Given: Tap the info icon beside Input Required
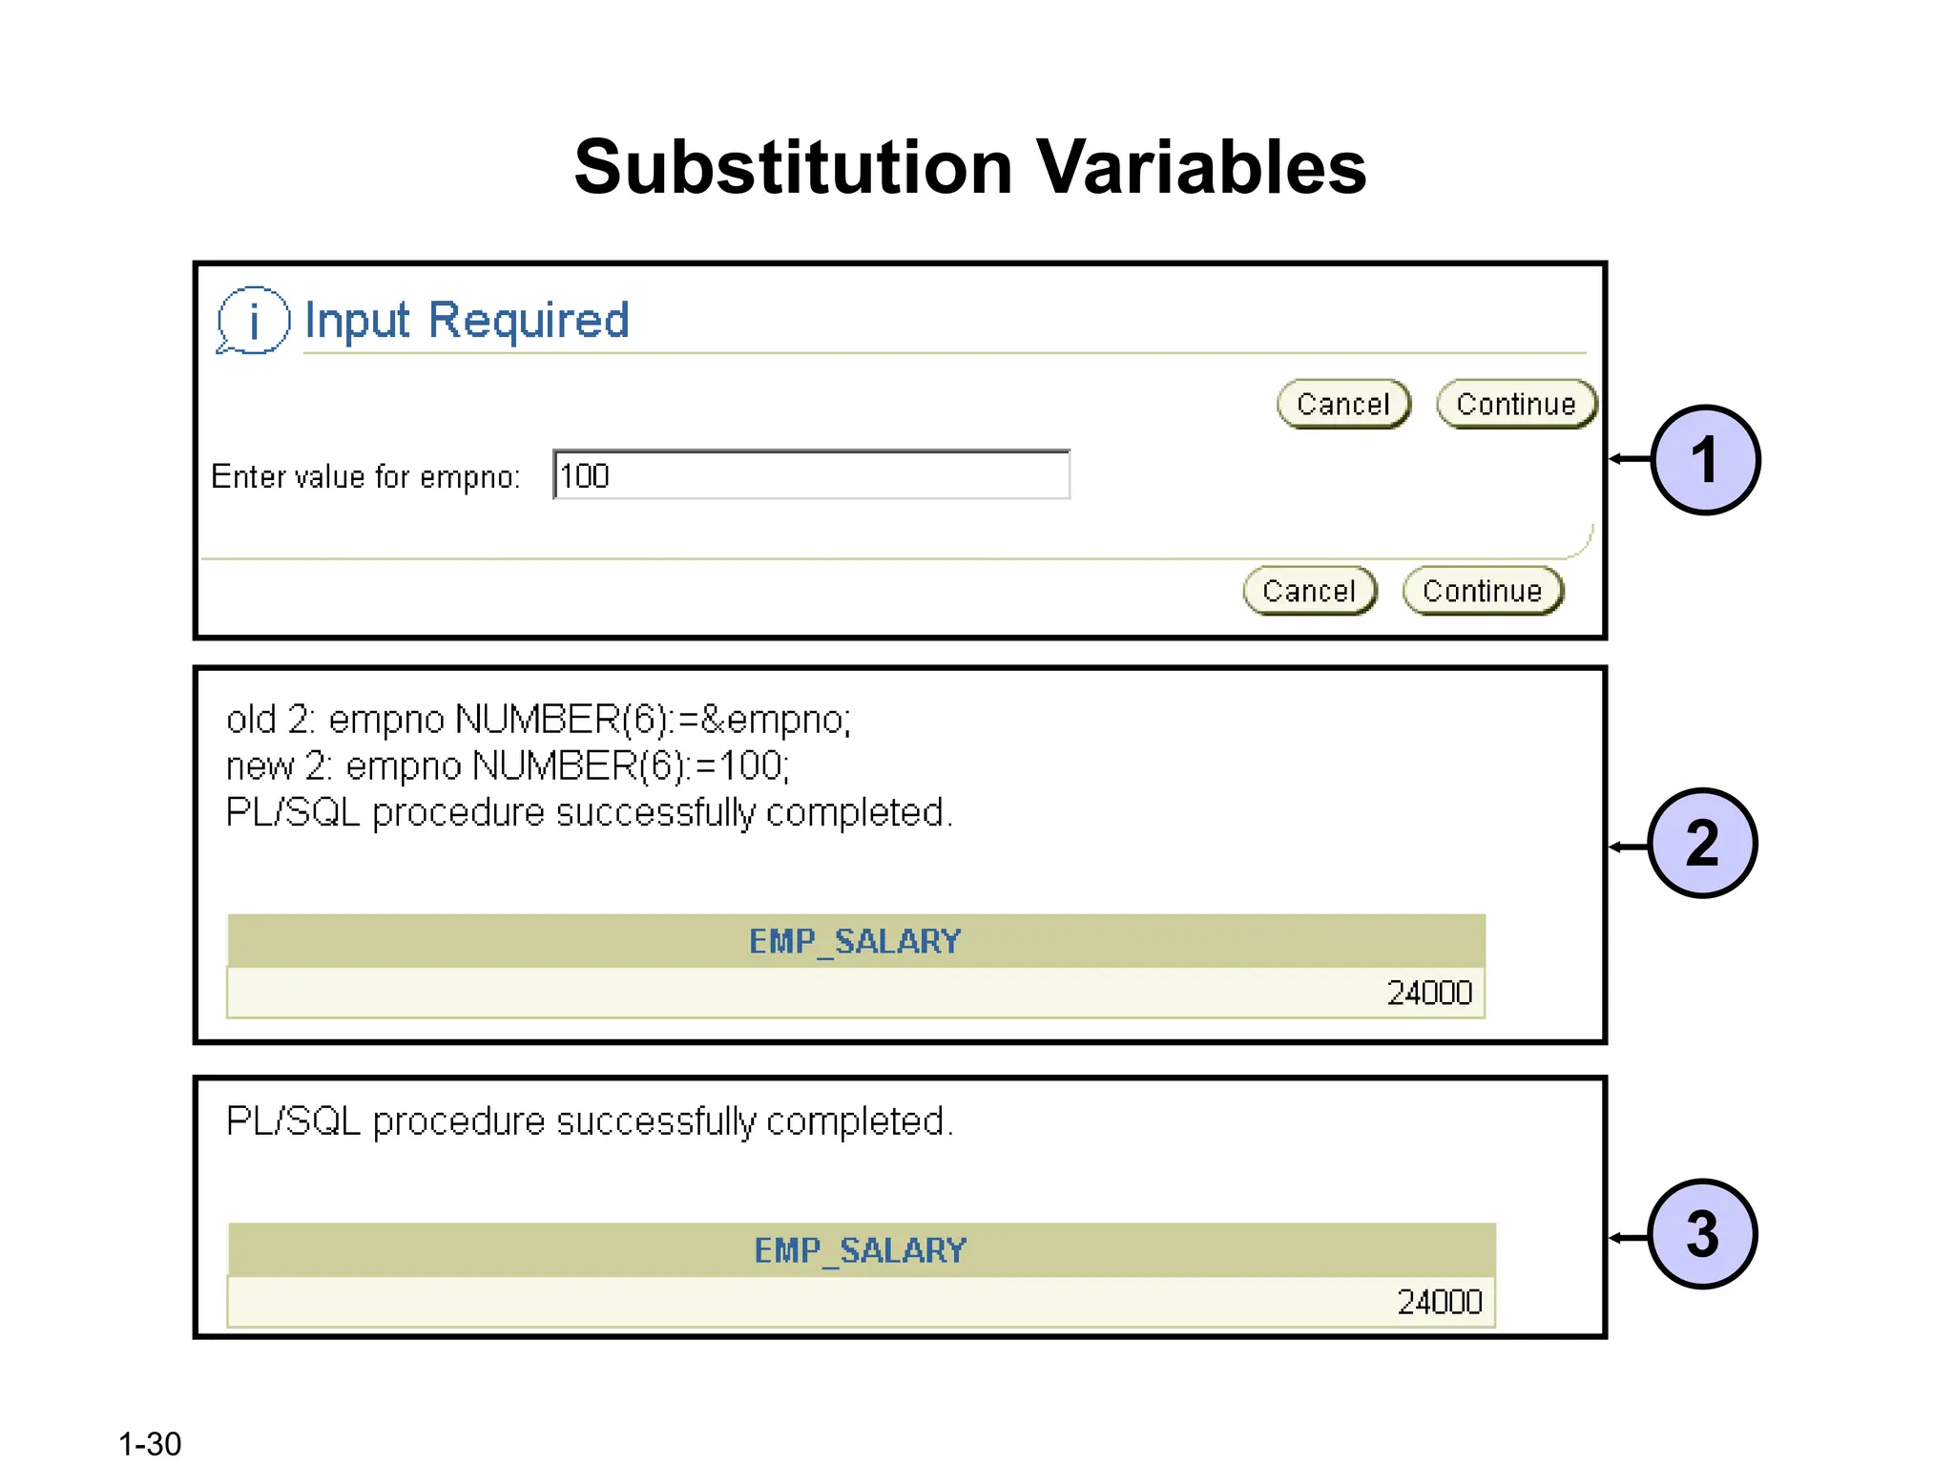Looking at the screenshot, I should [253, 321].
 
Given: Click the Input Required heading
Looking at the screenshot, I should [467, 320].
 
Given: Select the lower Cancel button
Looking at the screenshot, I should [1309, 591].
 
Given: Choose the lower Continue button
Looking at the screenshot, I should [1482, 591].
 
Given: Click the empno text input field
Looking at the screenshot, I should [811, 475].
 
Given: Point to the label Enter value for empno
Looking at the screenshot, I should [365, 476].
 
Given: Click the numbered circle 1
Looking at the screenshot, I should [1704, 460].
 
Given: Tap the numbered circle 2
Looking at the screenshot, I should [1702, 844].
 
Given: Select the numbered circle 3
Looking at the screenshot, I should [1702, 1234].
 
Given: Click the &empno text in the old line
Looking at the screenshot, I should [775, 720].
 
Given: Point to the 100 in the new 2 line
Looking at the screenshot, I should [752, 766].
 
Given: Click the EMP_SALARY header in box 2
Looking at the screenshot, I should [855, 942].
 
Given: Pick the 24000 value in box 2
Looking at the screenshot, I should [1429, 994].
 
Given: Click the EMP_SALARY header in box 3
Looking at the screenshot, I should [861, 1250].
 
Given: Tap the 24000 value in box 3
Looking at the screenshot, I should [1439, 1302].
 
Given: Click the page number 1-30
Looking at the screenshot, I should [150, 1443].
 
